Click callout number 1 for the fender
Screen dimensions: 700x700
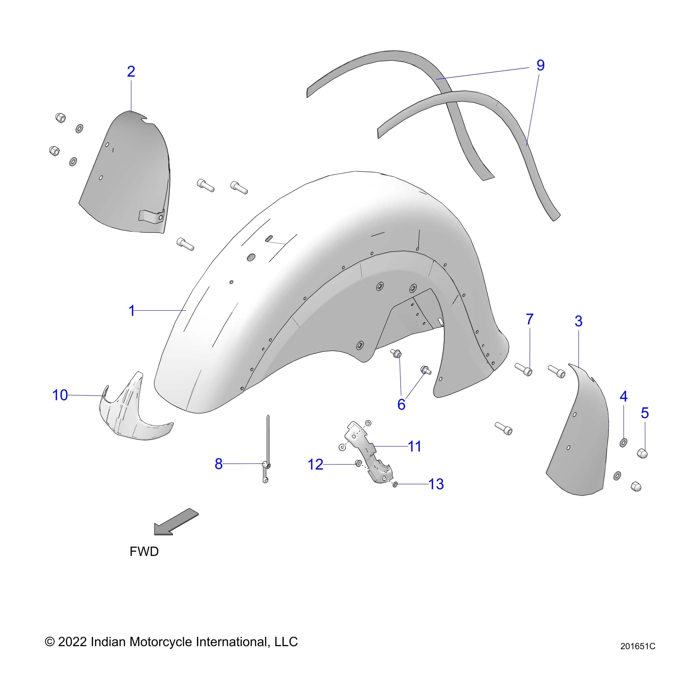[131, 311]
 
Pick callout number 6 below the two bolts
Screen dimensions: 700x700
[401, 405]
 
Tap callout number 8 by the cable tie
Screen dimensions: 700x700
[219, 464]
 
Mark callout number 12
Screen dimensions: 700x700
[315, 465]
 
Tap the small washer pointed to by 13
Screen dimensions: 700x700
[395, 484]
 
